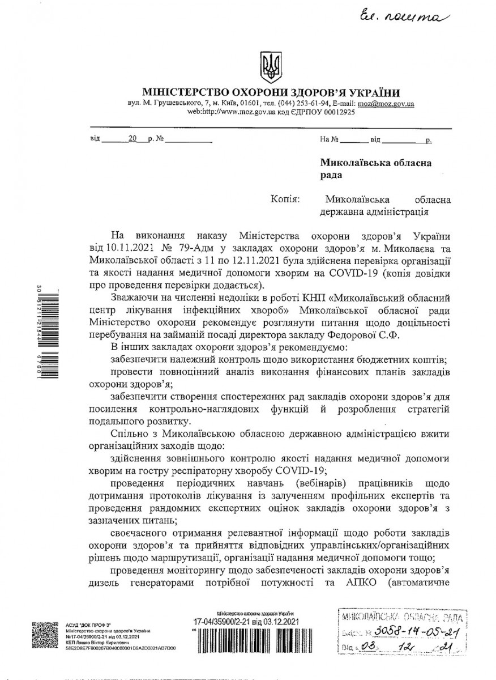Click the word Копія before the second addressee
pyautogui.click(x=285, y=199)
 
